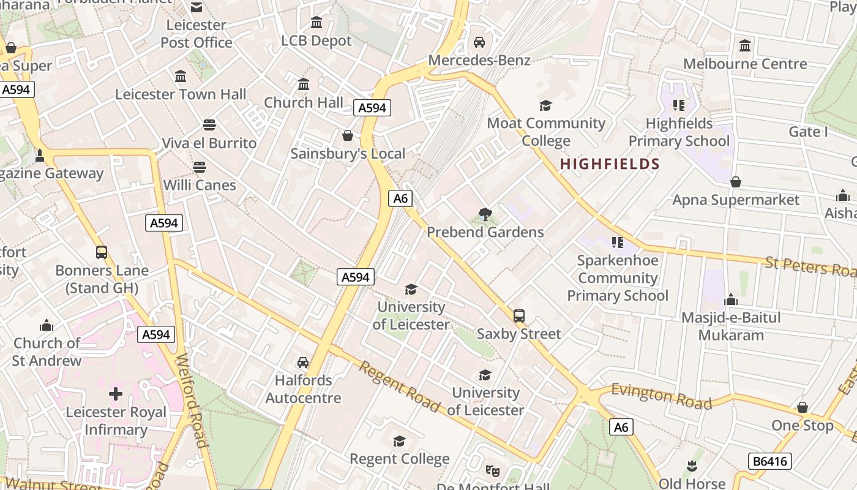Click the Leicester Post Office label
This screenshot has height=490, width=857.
[x=196, y=34]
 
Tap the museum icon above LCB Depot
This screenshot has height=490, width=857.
[x=316, y=23]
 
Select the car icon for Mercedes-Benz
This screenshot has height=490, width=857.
[x=479, y=42]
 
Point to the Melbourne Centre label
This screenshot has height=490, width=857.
[x=745, y=64]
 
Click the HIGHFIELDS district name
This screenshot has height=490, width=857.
[x=610, y=164]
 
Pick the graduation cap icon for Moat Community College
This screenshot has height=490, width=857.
[x=545, y=105]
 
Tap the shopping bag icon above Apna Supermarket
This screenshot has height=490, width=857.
[x=736, y=182]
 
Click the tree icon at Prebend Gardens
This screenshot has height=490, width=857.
[x=485, y=214]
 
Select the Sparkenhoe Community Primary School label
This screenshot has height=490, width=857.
[x=617, y=277]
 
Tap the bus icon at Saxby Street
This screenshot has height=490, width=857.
[x=519, y=316]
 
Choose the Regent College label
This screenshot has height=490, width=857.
[x=399, y=459]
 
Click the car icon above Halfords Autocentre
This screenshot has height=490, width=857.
[x=303, y=363]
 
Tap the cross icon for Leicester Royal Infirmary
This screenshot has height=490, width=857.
[x=116, y=393]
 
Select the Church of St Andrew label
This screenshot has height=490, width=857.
[x=47, y=352]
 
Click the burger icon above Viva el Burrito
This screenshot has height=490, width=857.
[x=209, y=125]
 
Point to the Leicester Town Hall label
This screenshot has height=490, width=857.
[x=181, y=94]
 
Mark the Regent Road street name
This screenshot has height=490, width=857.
[x=399, y=386]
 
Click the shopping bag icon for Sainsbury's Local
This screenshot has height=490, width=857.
[x=348, y=135]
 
